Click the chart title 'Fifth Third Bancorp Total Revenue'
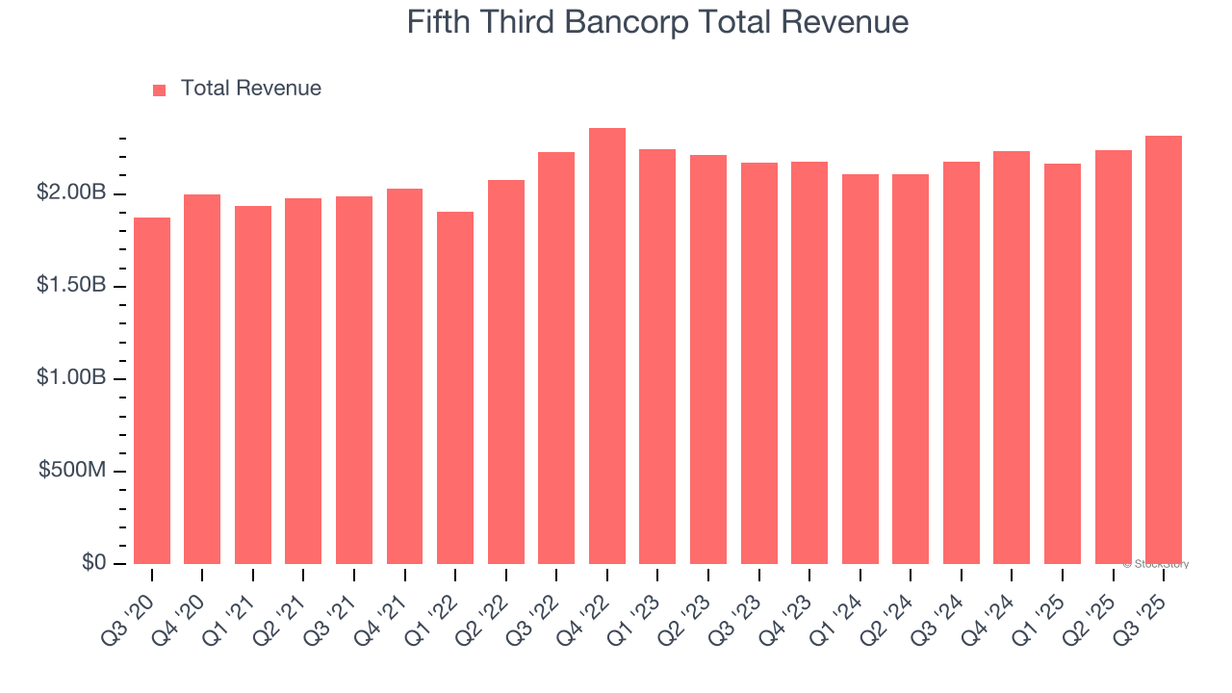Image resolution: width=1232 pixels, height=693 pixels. pos(657,21)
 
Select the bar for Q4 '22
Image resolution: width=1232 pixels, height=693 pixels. pos(607,346)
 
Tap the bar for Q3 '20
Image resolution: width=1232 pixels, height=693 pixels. pos(152,391)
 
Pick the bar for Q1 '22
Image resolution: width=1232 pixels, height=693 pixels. pos(455,388)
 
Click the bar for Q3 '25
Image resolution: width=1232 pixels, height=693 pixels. pos(1164,349)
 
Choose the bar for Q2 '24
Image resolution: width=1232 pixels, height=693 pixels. pos(911,369)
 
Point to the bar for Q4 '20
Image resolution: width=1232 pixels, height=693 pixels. pos(202,379)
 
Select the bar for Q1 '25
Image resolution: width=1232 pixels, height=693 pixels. pos(1063,364)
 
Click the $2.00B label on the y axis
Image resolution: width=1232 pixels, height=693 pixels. pos(71,193)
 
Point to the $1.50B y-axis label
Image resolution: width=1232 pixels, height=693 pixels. pos(71,286)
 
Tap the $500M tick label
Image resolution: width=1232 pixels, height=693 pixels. pos(72,471)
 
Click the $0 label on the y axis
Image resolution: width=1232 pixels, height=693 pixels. pos(94,562)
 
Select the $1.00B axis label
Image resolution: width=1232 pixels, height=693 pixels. pos(71,378)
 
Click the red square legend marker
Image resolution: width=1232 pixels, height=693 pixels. pos(160,90)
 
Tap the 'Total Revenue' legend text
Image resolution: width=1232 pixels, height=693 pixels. pos(251,89)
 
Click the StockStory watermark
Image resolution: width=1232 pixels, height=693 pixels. pos(1156,564)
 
